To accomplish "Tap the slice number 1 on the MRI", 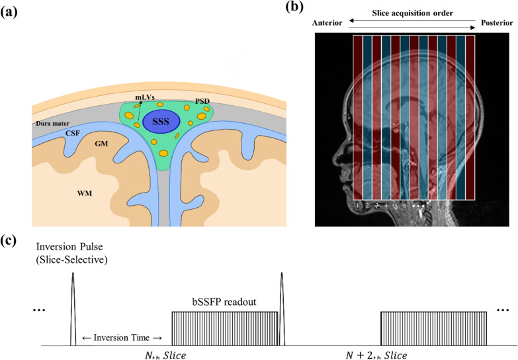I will click(357, 206).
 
